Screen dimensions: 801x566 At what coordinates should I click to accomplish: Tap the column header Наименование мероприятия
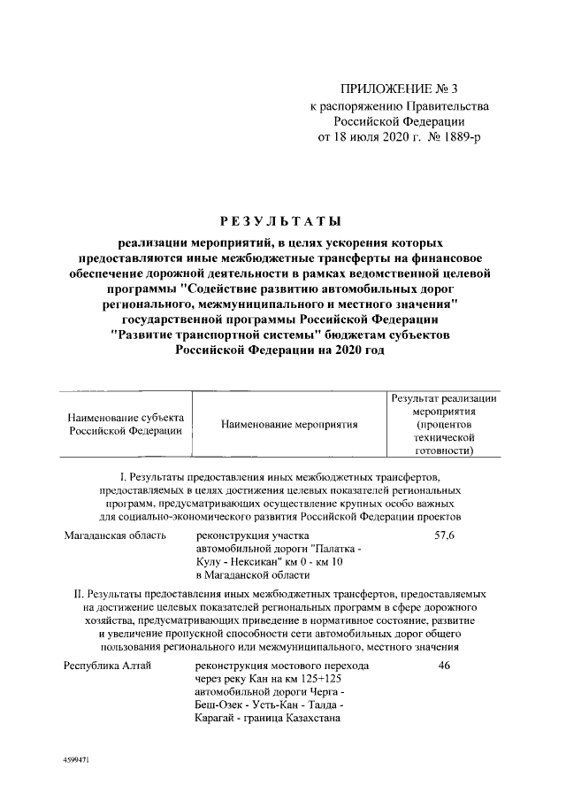289,424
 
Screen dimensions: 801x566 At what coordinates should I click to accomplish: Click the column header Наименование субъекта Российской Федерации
126,424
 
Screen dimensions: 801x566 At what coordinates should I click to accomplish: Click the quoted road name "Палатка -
333,550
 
